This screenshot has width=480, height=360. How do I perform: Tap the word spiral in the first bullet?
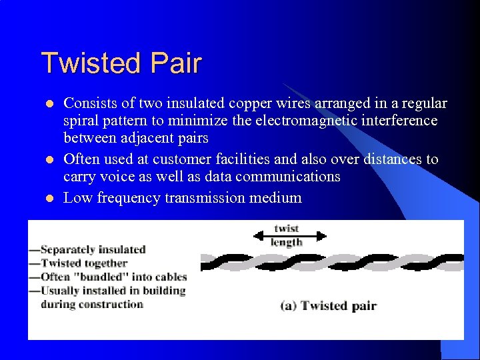(x=80, y=121)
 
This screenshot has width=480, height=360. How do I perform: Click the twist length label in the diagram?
(x=287, y=235)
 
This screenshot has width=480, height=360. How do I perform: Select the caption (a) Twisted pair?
(x=328, y=306)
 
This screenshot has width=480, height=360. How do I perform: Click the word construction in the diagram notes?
(x=109, y=304)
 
